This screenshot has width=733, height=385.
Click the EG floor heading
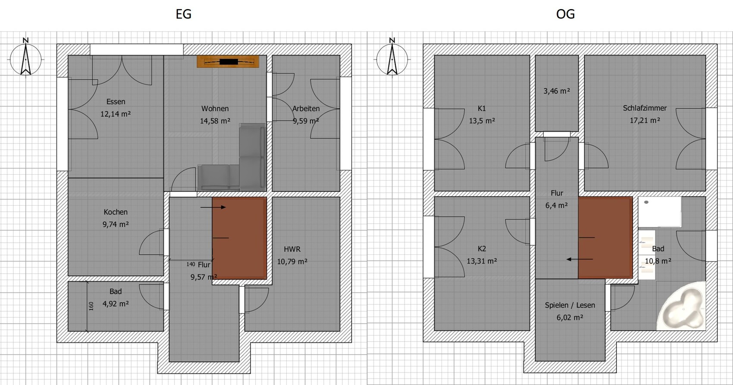183,14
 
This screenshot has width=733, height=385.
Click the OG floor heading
565,14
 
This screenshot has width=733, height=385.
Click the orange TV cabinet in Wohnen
228,62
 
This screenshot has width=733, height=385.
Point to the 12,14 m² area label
116,114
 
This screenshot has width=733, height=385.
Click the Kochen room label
116,212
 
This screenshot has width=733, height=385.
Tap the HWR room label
292,249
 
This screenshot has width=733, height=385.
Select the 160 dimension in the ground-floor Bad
91,306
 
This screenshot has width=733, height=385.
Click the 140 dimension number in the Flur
191,264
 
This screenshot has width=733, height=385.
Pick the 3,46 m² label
557,91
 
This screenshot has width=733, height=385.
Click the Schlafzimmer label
645,108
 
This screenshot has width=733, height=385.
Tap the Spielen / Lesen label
570,305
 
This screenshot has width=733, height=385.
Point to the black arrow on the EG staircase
213,207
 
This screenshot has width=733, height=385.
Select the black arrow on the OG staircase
580,260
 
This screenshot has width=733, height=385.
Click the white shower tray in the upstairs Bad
660,212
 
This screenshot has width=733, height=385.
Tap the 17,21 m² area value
645,120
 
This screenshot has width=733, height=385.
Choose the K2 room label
482,249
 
